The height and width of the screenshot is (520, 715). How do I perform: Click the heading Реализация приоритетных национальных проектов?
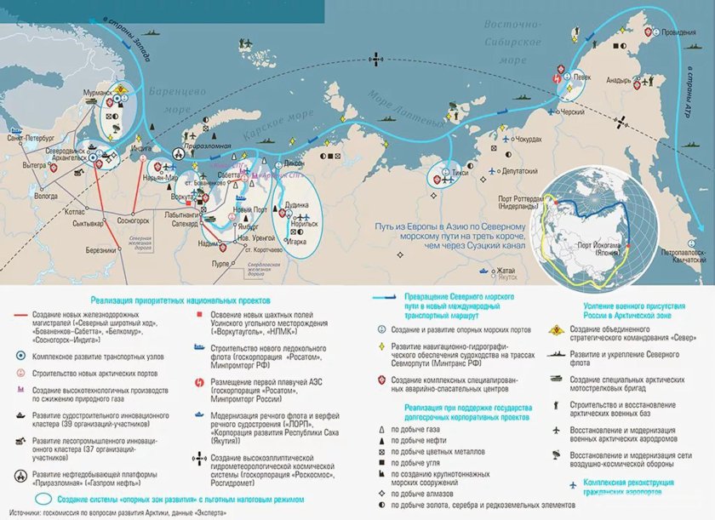click(x=180, y=300)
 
